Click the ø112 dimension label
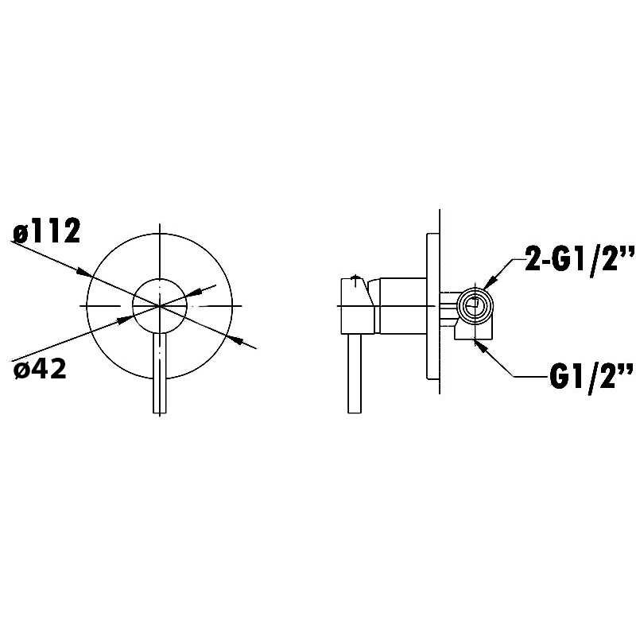[47, 231]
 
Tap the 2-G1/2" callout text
[580, 258]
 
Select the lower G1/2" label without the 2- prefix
[591, 376]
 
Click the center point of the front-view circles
[160, 305]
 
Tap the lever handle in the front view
[160, 373]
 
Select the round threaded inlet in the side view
[475, 305]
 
